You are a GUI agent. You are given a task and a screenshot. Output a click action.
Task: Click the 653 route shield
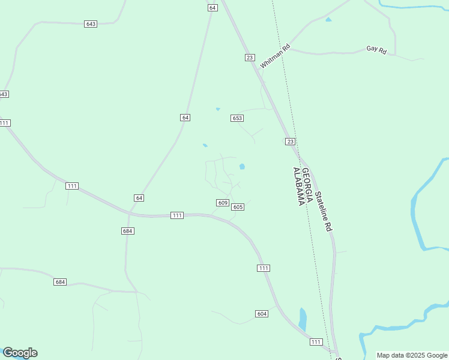237,118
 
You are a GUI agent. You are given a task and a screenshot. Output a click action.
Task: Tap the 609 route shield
223,203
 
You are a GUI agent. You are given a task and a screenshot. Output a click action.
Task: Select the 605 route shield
238,207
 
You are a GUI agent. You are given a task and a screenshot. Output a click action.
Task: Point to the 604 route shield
261,314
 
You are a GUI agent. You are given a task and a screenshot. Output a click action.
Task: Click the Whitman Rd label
276,55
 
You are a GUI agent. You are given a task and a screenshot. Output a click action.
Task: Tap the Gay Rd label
376,50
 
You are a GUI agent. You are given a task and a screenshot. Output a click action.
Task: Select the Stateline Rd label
324,211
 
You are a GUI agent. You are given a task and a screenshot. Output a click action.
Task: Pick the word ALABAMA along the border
297,187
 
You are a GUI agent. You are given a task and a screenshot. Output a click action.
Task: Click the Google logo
20,353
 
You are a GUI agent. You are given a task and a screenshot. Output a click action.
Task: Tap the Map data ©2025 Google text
412,355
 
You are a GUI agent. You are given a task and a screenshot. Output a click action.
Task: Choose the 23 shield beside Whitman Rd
250,57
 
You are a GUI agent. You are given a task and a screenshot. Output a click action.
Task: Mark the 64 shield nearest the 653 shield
185,118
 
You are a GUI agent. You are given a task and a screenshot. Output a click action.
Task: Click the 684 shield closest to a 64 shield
127,231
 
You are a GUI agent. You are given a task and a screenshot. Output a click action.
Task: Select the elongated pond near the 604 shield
303,319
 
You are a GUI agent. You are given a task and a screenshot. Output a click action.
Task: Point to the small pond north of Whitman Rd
328,20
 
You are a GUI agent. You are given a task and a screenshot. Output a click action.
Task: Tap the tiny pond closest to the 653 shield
218,109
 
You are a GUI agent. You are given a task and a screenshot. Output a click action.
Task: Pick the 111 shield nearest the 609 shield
176,215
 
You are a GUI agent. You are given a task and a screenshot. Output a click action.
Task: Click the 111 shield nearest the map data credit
316,342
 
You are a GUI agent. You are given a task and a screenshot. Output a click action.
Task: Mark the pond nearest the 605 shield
242,167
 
